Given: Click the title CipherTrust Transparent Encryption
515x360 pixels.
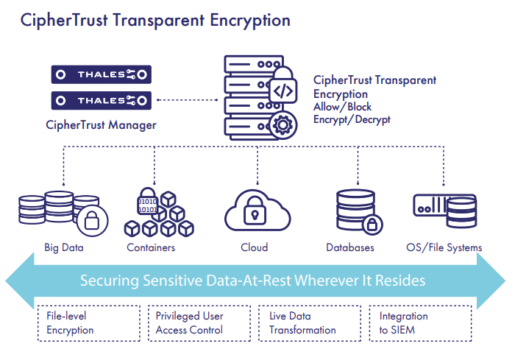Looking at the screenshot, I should click(155, 20).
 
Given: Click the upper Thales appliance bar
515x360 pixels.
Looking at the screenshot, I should click(101, 74).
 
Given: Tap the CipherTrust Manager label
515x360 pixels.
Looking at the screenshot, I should click(101, 125).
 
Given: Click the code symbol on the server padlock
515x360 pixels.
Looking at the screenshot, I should click(283, 91).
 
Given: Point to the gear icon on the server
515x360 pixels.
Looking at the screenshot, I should click(283, 124).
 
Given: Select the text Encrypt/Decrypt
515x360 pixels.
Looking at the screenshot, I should click(352, 119).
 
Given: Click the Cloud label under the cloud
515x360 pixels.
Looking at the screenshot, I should click(255, 247).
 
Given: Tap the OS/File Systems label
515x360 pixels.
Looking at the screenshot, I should click(444, 247).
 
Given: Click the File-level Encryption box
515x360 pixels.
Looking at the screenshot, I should click(87, 323).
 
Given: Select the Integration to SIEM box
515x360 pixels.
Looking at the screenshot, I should click(418, 323).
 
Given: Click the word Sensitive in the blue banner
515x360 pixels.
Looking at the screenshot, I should click(182, 281).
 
